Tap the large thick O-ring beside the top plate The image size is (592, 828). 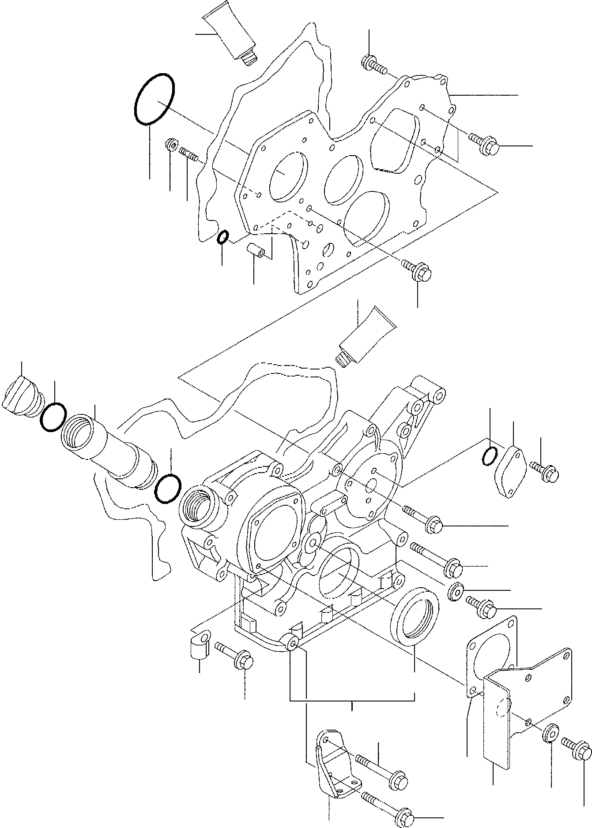(x=155, y=99)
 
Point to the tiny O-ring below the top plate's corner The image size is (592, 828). (x=222, y=237)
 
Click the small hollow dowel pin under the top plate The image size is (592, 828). (x=256, y=250)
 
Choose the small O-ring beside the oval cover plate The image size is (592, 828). (x=489, y=457)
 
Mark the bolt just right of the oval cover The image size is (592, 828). (x=547, y=470)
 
